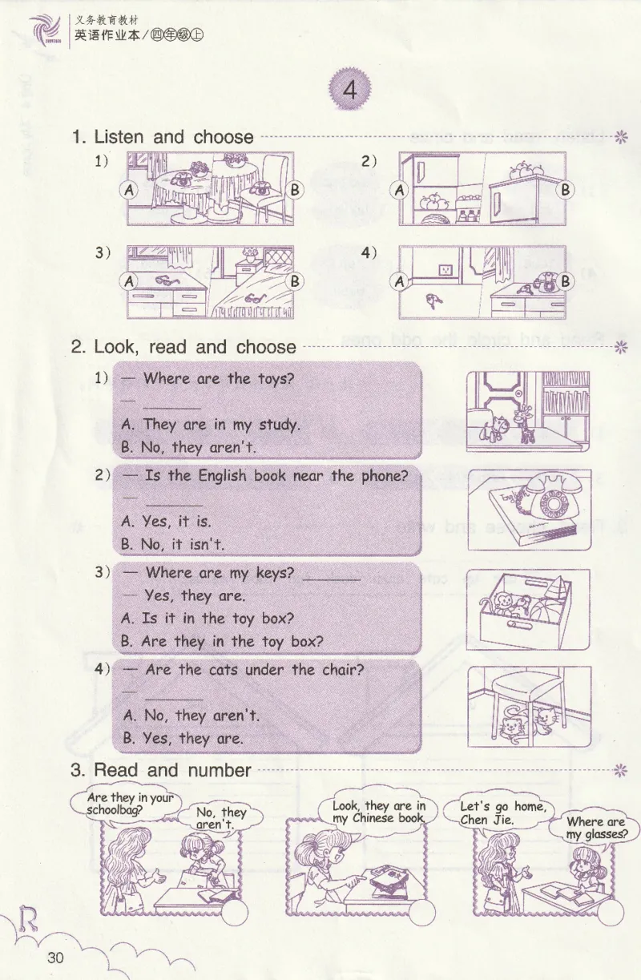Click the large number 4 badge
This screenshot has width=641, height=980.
point(349,91)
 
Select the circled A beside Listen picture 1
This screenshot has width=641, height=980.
point(129,191)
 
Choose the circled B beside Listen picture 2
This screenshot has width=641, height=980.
point(566,190)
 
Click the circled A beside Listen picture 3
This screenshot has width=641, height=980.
point(129,281)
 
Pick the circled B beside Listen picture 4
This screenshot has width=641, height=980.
point(566,281)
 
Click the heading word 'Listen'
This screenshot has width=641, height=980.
point(119,137)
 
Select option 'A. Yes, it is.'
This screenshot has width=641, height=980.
point(167,521)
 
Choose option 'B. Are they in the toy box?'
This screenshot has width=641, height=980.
point(222,641)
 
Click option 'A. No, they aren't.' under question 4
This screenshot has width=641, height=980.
point(191,716)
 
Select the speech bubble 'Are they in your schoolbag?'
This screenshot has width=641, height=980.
point(130,805)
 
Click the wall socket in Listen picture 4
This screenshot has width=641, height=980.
point(445,270)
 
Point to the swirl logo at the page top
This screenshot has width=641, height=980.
point(45,30)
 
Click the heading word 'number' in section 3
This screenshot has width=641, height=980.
point(220,769)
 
